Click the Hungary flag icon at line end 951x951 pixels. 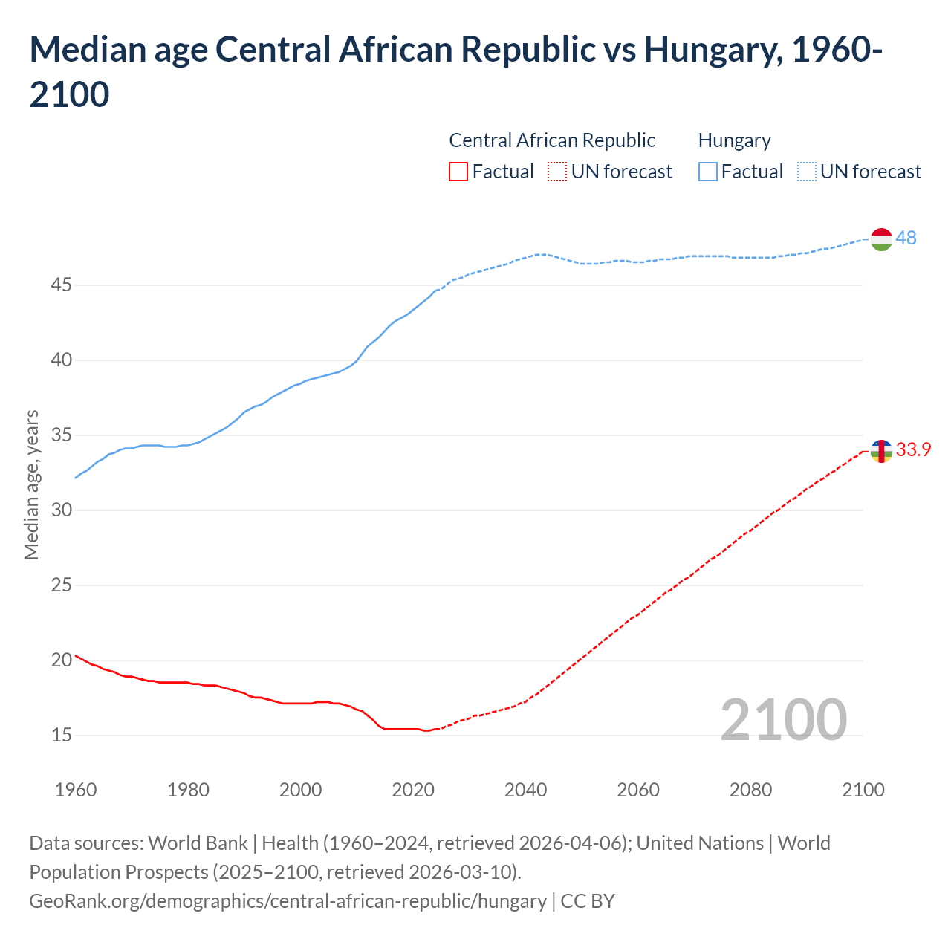click(x=881, y=239)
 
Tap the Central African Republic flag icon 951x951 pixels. click(x=881, y=451)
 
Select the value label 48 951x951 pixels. click(x=906, y=238)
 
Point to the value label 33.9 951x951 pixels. click(x=913, y=450)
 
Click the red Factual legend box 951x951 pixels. click(x=458, y=172)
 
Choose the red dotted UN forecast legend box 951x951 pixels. click(x=557, y=172)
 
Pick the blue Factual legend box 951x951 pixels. click(x=708, y=172)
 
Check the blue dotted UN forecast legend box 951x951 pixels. click(x=807, y=172)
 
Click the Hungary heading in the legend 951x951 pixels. click(x=734, y=140)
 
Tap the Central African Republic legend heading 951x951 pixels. click(x=552, y=140)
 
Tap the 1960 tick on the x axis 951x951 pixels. click(x=76, y=790)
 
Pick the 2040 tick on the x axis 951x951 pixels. click(x=525, y=790)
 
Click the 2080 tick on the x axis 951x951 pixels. click(x=750, y=790)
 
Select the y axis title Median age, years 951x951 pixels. click(x=31, y=484)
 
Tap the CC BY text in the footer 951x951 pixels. click(x=588, y=901)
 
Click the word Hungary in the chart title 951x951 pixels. click(x=712, y=50)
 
